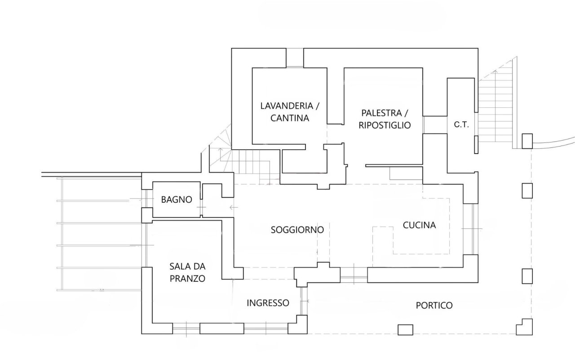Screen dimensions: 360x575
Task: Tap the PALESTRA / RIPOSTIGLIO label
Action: pyautogui.click(x=385, y=119)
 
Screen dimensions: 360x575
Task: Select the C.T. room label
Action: pyautogui.click(x=461, y=125)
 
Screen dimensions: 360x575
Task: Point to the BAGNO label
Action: pyautogui.click(x=177, y=200)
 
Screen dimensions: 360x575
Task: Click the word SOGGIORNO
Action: pyautogui.click(x=297, y=230)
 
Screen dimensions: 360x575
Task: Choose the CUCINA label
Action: pyautogui.click(x=419, y=225)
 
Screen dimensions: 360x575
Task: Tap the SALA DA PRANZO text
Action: pyautogui.click(x=187, y=272)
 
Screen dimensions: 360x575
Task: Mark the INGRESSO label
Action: pyautogui.click(x=268, y=303)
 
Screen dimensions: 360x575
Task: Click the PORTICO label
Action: pyautogui.click(x=434, y=306)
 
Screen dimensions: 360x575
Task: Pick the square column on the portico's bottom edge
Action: pyautogui.click(x=405, y=329)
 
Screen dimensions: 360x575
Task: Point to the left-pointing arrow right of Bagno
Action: pyautogui.click(x=232, y=208)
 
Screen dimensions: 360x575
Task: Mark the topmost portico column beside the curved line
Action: pyautogui.click(x=526, y=141)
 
